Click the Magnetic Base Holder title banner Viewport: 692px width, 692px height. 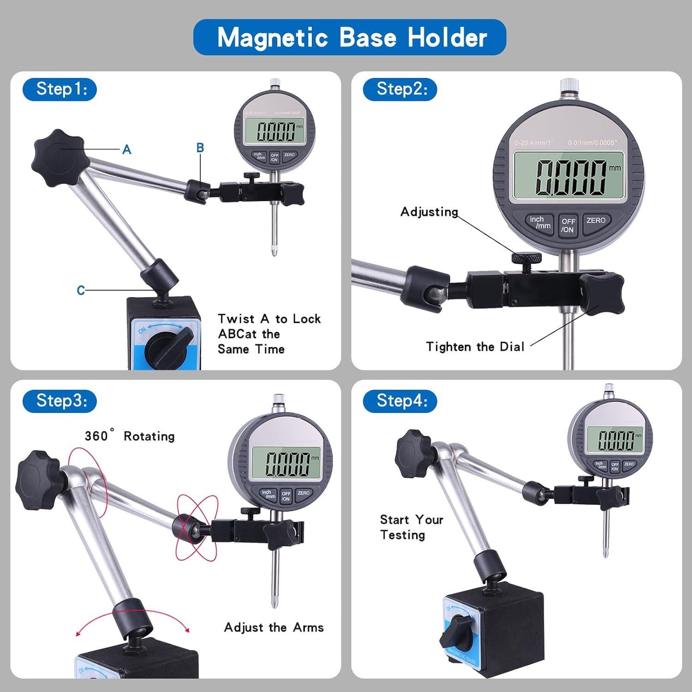click(x=350, y=37)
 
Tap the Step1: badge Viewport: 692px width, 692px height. click(x=60, y=89)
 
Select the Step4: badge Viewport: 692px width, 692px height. click(x=400, y=400)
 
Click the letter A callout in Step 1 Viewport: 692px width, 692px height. click(x=127, y=149)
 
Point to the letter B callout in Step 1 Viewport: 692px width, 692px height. click(x=200, y=148)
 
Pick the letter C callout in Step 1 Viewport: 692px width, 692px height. click(x=81, y=290)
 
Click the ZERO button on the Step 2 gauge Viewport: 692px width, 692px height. click(x=596, y=221)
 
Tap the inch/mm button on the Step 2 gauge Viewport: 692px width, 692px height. click(x=539, y=223)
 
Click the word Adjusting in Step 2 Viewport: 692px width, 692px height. click(x=429, y=212)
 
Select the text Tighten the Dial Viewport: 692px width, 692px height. click(x=475, y=346)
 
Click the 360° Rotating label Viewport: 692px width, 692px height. click(x=130, y=436)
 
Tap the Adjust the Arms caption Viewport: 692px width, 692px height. click(x=274, y=627)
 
